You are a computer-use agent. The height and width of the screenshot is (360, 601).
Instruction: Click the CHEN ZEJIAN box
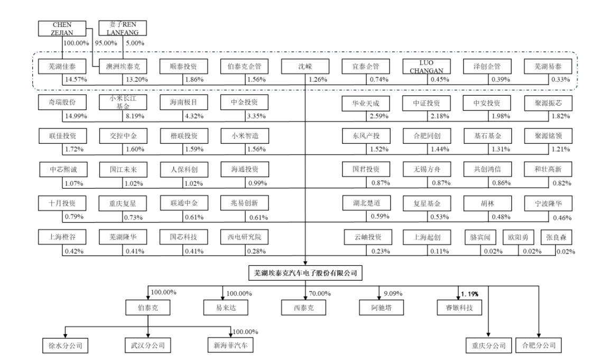click(x=62, y=29)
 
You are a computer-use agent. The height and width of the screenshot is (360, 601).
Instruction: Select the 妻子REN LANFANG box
click(x=123, y=29)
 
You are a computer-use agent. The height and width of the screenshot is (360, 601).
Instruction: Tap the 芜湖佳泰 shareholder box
click(x=62, y=67)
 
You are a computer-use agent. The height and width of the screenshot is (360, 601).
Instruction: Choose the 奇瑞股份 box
click(x=62, y=103)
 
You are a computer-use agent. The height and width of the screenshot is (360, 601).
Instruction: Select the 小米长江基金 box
click(x=123, y=103)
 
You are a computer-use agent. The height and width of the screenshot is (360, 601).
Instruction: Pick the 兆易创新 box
click(x=244, y=204)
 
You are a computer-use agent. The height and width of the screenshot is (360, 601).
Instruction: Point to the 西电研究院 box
click(x=244, y=237)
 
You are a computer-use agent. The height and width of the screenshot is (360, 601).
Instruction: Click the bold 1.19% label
click(x=471, y=293)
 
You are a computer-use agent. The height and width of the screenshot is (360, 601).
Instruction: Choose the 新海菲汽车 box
click(x=230, y=346)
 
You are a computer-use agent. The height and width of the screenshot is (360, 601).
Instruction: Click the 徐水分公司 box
click(x=64, y=346)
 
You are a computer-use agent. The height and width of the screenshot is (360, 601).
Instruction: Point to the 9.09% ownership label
click(x=390, y=293)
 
